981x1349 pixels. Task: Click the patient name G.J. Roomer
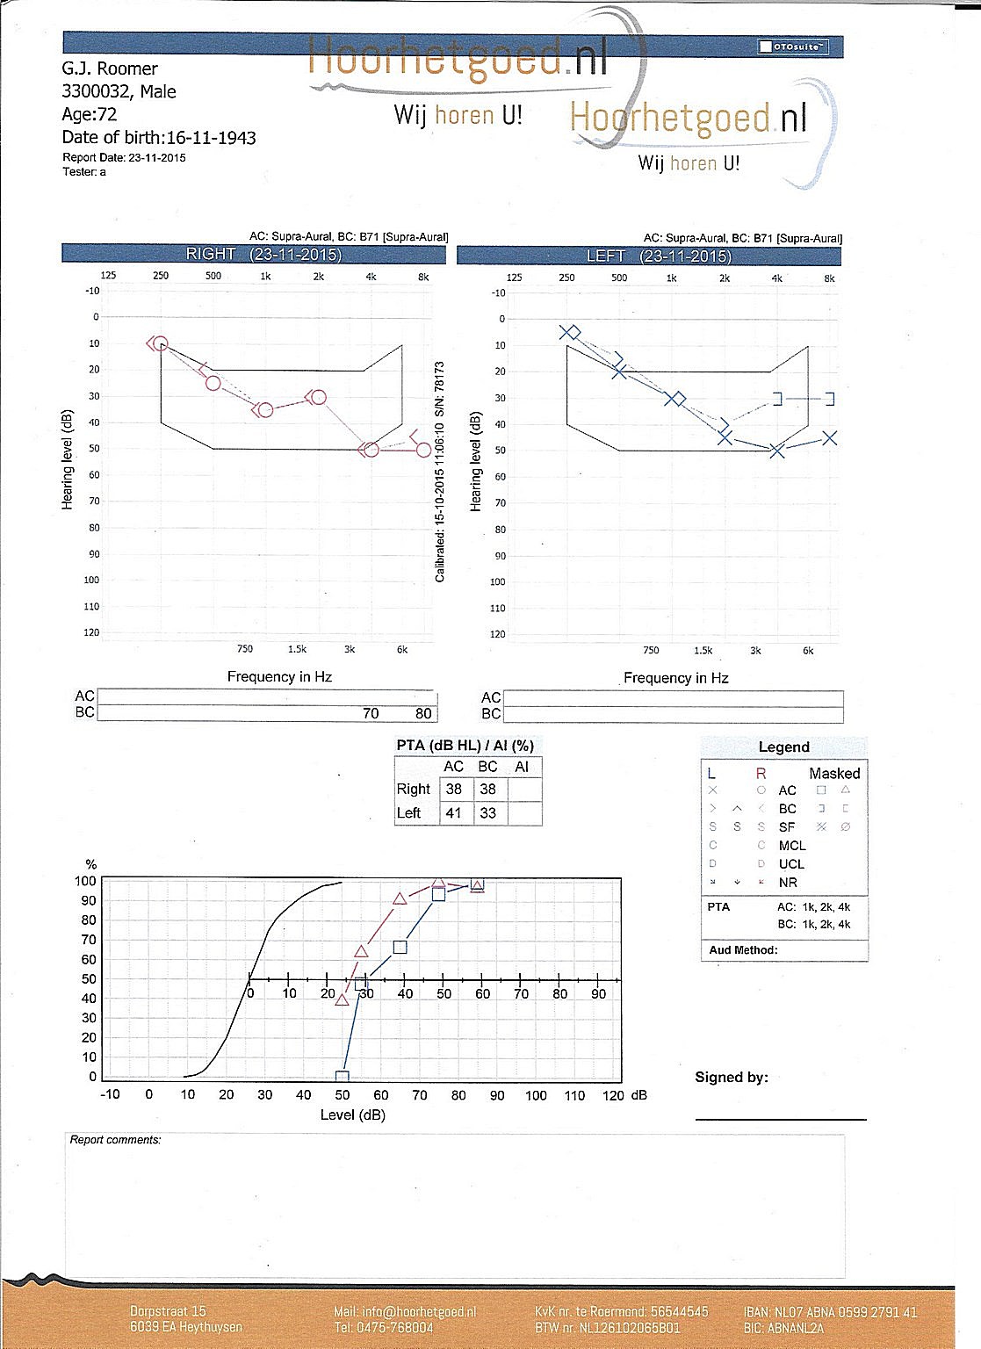110,69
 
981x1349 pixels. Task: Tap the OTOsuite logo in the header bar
792,47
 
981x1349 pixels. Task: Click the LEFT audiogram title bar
648,256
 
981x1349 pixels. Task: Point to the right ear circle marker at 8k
423,450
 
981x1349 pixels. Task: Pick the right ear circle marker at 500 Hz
213,383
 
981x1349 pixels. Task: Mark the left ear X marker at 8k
830,437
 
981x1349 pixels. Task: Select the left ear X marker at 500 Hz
619,372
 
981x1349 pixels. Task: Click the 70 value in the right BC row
371,713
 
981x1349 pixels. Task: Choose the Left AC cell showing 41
453,813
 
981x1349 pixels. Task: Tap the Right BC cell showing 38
487,789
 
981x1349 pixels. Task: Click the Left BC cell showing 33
487,813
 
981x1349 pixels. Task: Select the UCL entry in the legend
791,864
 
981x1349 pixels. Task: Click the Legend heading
783,747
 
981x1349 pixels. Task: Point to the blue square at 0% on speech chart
343,1077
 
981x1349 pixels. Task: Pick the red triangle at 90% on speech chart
400,899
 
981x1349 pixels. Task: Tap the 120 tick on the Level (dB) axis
613,1095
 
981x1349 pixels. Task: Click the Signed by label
731,1078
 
